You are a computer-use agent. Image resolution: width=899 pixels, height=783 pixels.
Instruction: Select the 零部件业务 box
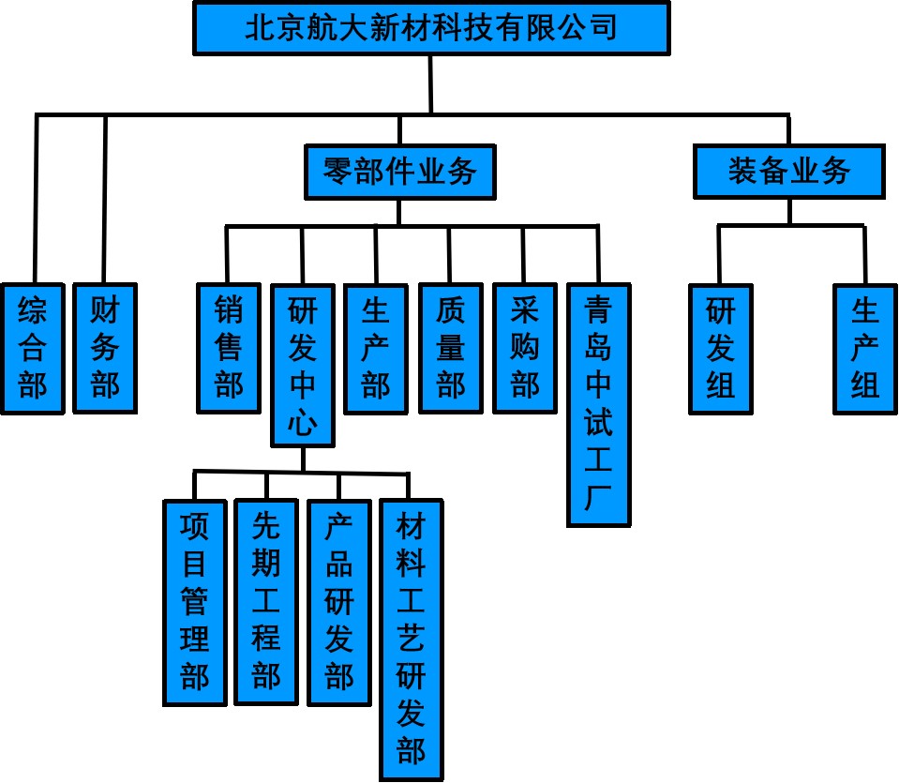pyautogui.click(x=399, y=172)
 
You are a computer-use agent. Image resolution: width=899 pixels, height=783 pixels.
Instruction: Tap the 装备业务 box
pyautogui.click(x=788, y=171)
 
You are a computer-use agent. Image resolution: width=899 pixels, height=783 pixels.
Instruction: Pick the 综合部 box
pyautogui.click(x=33, y=347)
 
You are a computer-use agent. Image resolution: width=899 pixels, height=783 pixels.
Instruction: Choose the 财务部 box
pyautogui.click(x=105, y=347)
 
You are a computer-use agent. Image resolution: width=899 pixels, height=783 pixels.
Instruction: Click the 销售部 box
pyautogui.click(x=229, y=347)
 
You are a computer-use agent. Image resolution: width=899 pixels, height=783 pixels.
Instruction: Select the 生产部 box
pyautogui.click(x=376, y=347)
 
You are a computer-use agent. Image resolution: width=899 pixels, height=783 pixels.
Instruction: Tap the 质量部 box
pyautogui.click(x=450, y=347)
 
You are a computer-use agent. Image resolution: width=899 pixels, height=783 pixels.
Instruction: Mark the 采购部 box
pyautogui.click(x=524, y=347)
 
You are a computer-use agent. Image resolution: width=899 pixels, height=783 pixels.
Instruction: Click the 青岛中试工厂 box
pyautogui.click(x=598, y=403)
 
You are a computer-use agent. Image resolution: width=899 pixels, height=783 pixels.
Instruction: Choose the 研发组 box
pyautogui.click(x=720, y=347)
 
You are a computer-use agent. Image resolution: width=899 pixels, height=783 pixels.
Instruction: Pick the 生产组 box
pyautogui.click(x=865, y=347)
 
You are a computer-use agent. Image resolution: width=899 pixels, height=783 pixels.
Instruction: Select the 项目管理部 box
pyautogui.click(x=195, y=601)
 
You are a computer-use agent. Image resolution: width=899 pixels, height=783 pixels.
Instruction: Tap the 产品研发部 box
pyautogui.click(x=339, y=601)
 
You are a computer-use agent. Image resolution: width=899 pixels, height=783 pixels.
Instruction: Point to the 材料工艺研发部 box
pyautogui.click(x=411, y=640)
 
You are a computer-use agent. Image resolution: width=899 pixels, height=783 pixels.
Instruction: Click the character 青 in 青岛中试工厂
pyautogui.click(x=598, y=309)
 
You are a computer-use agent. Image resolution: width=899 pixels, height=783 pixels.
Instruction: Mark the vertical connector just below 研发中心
pyautogui.click(x=302, y=459)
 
